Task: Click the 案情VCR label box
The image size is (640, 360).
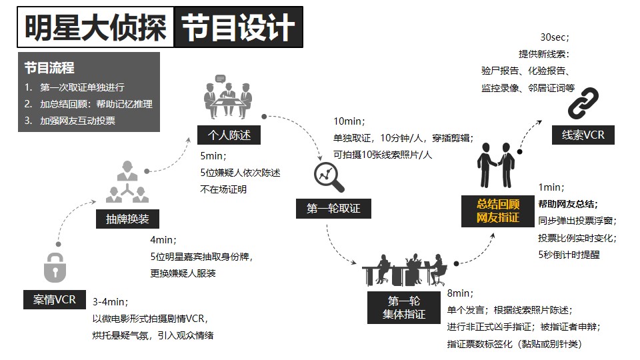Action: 55,299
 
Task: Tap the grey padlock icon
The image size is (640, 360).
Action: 55,268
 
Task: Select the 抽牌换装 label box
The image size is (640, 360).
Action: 127,219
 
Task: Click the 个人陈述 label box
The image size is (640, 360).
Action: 229,135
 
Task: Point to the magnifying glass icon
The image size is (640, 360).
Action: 329,177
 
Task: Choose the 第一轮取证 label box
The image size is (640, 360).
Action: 333,209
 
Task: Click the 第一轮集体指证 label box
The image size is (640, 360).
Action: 404,308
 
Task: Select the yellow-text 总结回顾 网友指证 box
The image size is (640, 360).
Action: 498,211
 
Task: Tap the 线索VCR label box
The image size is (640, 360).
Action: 583,135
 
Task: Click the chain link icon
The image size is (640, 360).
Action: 583,103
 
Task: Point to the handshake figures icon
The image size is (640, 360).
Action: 496,165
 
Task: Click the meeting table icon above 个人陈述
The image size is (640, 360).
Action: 228,97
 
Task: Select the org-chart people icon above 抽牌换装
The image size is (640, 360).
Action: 127,182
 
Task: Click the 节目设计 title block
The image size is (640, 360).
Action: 239,27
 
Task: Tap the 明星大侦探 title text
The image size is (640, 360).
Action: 95,27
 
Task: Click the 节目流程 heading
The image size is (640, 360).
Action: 49,68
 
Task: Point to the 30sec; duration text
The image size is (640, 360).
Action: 555,37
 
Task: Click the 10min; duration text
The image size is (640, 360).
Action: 349,121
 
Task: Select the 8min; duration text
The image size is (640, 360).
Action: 460,293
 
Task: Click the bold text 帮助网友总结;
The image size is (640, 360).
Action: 568,204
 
